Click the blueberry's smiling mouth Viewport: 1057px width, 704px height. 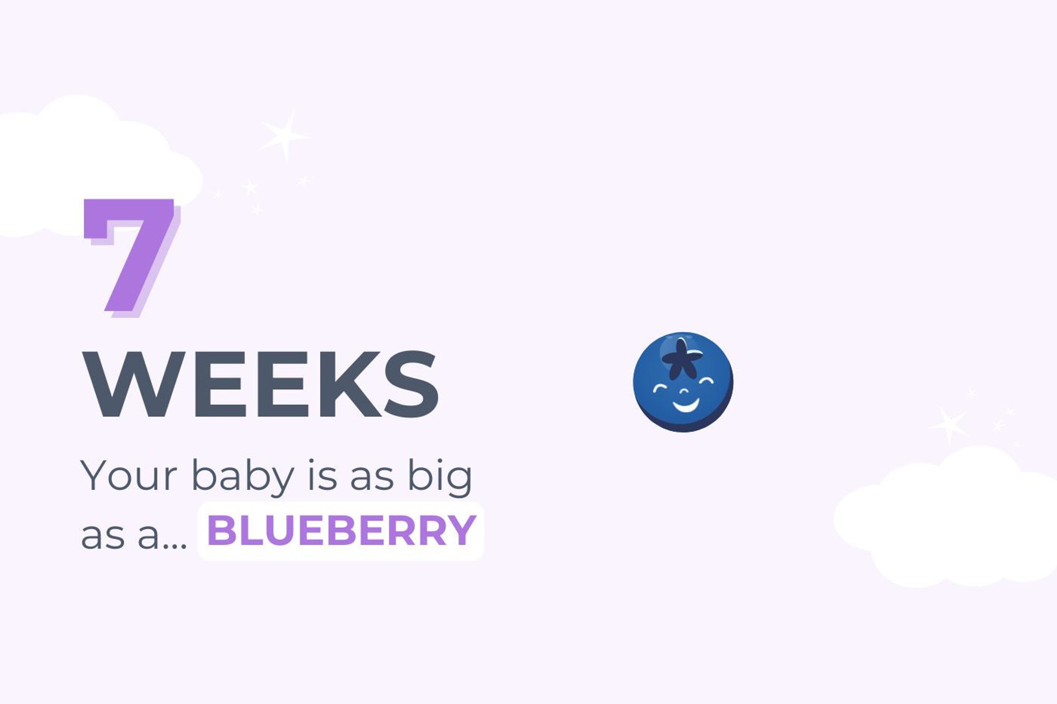coord(685,407)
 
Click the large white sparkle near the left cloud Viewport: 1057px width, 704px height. coord(284,135)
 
